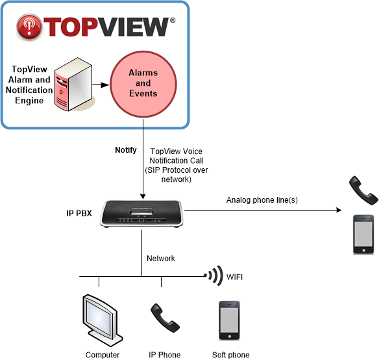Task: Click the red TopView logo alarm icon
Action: [x=29, y=27]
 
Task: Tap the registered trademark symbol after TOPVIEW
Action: [x=173, y=20]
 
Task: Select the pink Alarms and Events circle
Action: [x=143, y=84]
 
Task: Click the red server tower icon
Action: [x=73, y=84]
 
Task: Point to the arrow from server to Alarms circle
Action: [x=101, y=85]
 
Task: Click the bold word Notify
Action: [x=126, y=150]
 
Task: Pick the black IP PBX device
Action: [x=142, y=214]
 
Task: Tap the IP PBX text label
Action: [x=79, y=213]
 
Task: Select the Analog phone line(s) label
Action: [x=262, y=200]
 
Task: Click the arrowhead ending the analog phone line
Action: [x=339, y=210]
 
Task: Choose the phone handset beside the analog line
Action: [x=363, y=190]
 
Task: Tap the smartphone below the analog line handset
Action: [x=363, y=235]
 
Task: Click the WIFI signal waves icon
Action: [x=214, y=276]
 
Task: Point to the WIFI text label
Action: [x=234, y=277]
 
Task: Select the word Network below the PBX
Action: [x=161, y=259]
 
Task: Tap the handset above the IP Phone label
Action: [x=165, y=318]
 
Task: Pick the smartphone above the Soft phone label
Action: [x=229, y=320]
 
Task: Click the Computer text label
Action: [x=103, y=355]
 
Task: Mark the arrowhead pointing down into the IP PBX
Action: [x=143, y=196]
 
